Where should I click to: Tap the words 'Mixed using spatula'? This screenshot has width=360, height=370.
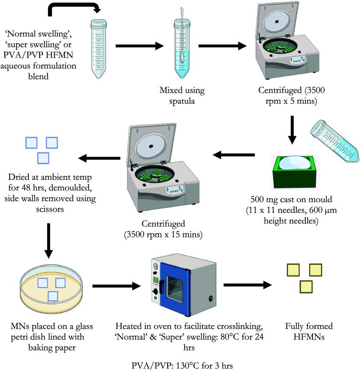182,95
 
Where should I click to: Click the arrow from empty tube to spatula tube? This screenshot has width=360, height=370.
135,45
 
